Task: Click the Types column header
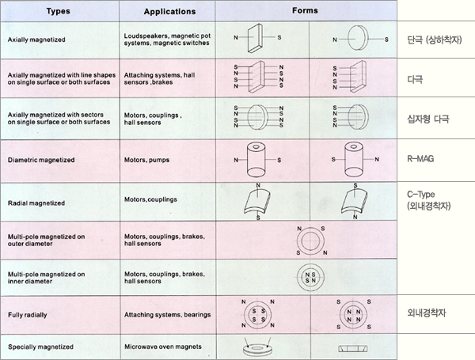coord(58,11)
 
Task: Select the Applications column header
coord(169,12)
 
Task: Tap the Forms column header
coord(305,10)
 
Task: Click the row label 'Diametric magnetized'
coord(41,160)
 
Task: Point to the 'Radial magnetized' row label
coord(36,203)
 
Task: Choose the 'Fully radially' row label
coord(28,315)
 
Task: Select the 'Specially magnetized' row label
coord(40,347)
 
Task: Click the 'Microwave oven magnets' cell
coord(163,347)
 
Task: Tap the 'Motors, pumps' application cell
coord(146,160)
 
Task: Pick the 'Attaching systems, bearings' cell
coord(168,315)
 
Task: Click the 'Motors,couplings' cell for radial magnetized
coord(150,199)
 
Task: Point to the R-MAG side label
coord(420,159)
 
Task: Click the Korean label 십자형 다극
coord(428,119)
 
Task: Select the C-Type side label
coord(421,194)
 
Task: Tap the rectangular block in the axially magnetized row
coord(255,38)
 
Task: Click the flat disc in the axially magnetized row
coord(358,38)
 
